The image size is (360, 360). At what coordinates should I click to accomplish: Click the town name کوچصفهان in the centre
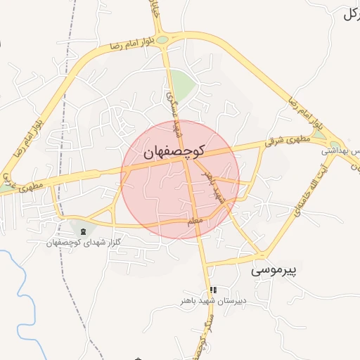point(174,152)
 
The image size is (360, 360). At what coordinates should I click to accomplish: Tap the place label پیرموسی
point(275,269)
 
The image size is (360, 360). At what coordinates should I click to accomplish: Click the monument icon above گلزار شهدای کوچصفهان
point(84,231)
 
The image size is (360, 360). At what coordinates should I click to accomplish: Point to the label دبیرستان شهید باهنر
point(210,301)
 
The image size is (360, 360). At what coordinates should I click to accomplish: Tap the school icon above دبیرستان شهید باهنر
point(212,290)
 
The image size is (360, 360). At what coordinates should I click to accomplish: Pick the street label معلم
point(195,222)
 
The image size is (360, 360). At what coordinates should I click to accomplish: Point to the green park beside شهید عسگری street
point(183,86)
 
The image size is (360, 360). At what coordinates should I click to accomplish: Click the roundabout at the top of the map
point(162,39)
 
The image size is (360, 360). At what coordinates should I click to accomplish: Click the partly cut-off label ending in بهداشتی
point(341,150)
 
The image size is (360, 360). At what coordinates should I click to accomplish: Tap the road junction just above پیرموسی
point(261,255)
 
